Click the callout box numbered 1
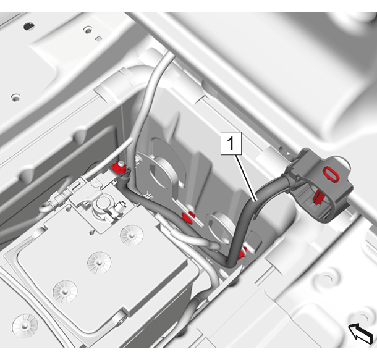coord(231,143)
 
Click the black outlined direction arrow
coord(361,333)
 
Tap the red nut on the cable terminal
coord(119,167)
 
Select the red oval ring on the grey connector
coord(331,174)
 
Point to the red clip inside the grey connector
coord(318,197)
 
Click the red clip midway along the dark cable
coord(188,217)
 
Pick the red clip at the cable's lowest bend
coord(242,254)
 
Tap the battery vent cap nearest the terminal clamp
coord(132,235)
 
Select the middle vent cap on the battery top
coord(99,262)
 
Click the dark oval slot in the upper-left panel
coord(29,26)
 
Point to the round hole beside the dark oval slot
coord(88,30)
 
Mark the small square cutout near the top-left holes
coord(98,38)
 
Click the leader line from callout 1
coord(247,178)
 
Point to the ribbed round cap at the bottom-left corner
coord(25,325)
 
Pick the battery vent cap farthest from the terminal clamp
coord(65,291)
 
